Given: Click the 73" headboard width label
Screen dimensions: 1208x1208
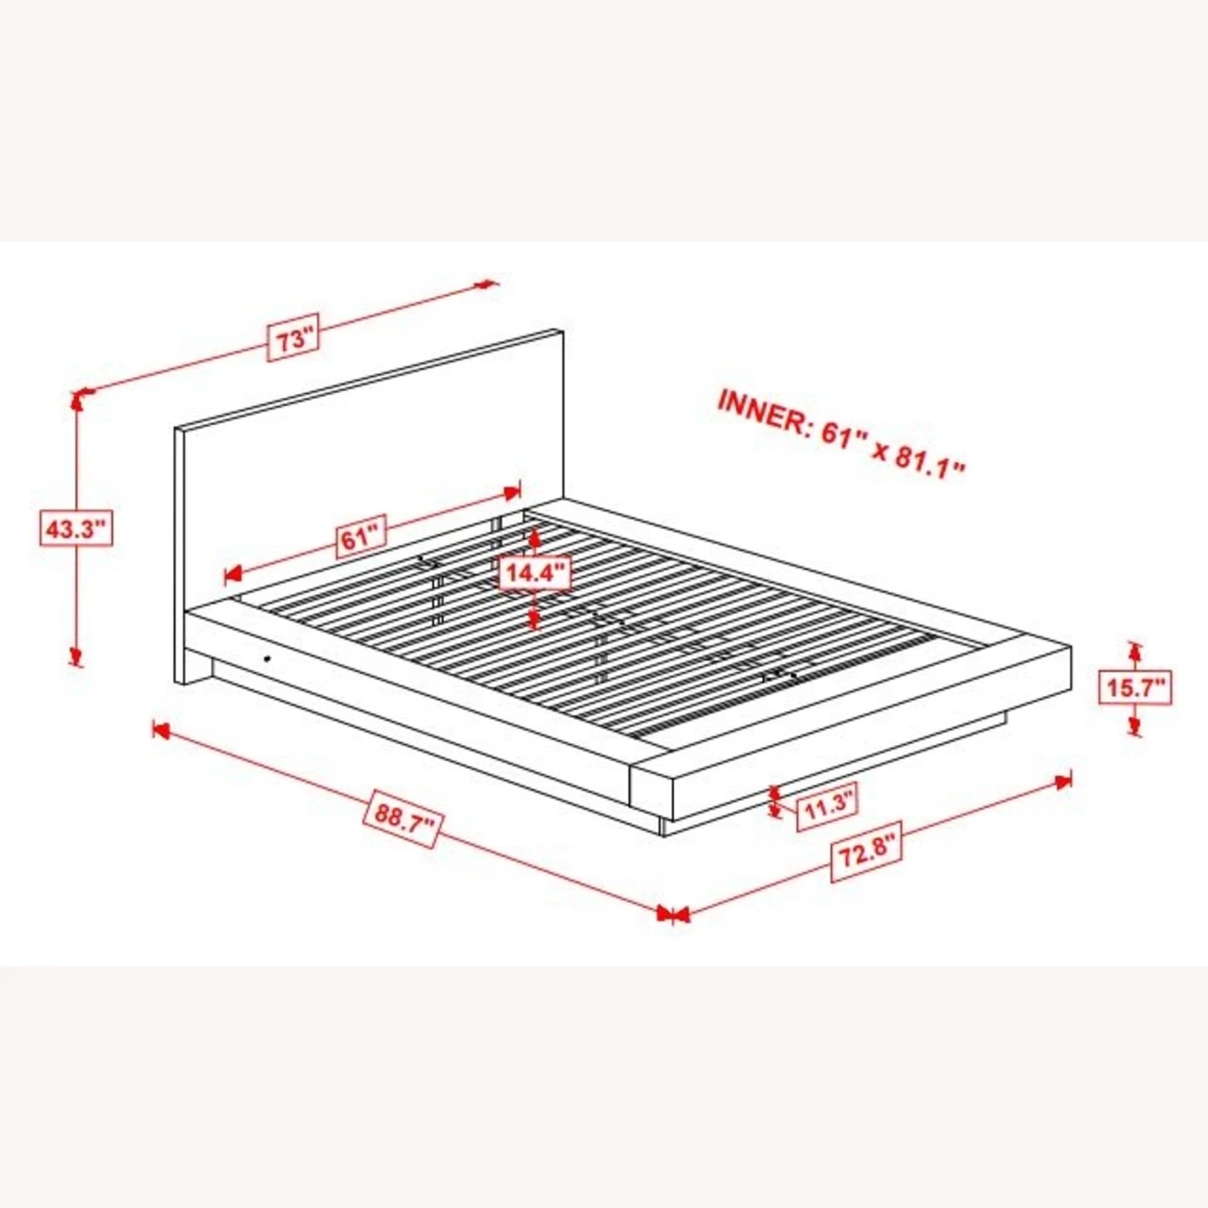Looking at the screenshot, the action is tap(294, 337).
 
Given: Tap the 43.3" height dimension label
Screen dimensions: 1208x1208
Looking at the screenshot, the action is tap(76, 529).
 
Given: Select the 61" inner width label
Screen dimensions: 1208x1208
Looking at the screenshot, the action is tap(360, 536).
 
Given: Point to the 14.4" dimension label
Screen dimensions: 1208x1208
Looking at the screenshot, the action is tap(536, 573).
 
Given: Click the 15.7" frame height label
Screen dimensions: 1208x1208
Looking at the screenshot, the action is tap(1136, 688).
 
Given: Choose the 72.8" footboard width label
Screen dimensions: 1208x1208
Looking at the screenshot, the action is tap(867, 852).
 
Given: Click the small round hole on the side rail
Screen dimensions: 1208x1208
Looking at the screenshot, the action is tap(267, 660).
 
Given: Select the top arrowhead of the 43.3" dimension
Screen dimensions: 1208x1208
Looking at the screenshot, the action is tap(77, 401).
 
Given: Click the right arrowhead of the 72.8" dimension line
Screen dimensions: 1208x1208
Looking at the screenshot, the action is tap(1063, 781).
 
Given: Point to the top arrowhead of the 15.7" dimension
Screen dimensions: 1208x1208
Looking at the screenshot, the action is tap(1136, 651).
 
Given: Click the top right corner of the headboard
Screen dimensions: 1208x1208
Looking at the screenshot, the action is tap(563, 329).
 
